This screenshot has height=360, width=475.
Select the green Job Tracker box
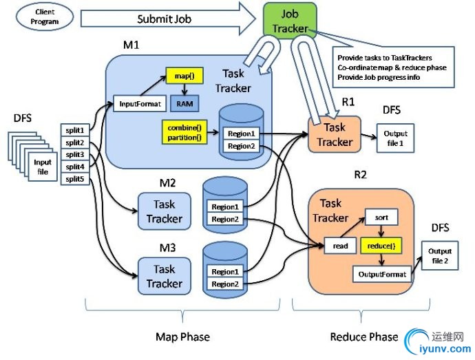click(x=290, y=21)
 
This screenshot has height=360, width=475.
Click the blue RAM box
click(x=184, y=104)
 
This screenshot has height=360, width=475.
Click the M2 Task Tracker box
click(x=164, y=211)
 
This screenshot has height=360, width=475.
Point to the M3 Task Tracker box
click(x=164, y=276)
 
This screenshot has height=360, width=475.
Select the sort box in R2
click(x=382, y=218)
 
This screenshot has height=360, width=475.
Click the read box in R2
click(x=339, y=245)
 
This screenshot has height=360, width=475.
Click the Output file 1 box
click(x=395, y=138)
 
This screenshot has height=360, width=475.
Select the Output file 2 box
click(x=441, y=256)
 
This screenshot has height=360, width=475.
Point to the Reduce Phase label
click(x=363, y=337)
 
